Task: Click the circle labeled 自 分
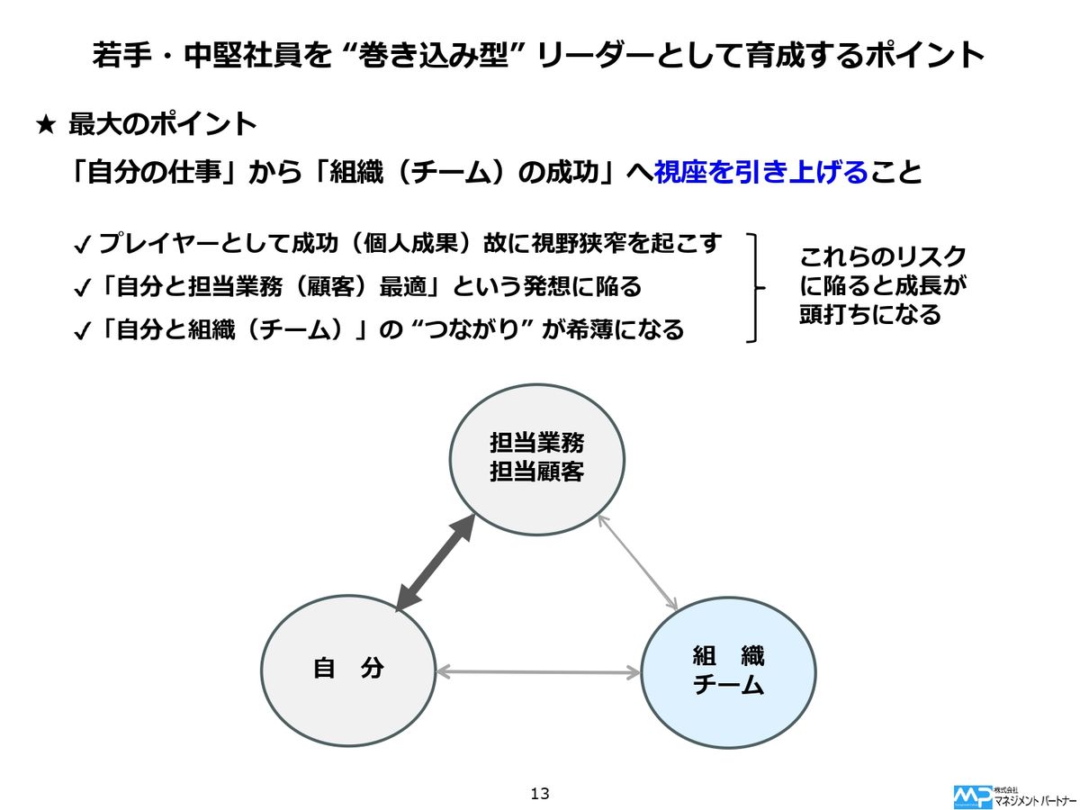[347, 669]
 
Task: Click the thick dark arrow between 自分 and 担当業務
[435, 564]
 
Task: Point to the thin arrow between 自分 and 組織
[537, 671]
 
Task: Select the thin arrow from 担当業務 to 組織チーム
[637, 561]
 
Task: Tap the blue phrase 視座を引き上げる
[760, 172]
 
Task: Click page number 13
[540, 793]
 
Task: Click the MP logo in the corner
[972, 796]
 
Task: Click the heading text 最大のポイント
[163, 124]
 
